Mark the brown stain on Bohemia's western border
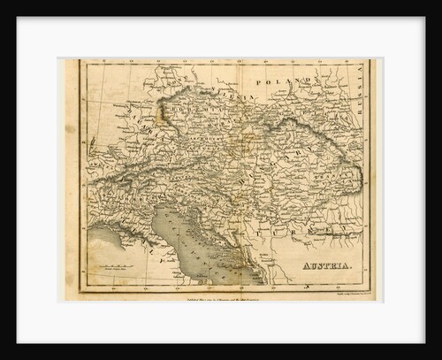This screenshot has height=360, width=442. tap(160, 112)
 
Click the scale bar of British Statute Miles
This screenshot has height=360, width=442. tap(118, 266)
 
